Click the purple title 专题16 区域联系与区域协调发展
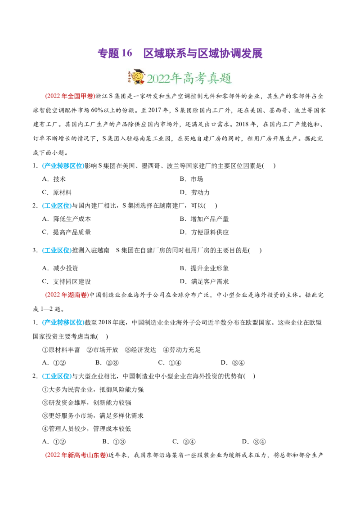(180, 53)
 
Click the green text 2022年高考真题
(189, 78)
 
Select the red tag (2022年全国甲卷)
(69, 96)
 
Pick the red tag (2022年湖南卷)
(67, 295)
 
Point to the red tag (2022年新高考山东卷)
(76, 455)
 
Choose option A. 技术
(54, 179)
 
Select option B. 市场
(191, 179)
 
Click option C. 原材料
(57, 192)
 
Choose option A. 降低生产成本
(67, 219)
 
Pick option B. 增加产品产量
(204, 219)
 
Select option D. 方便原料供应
(204, 232)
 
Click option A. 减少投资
(60, 268)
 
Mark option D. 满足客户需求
(204, 281)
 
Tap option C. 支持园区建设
(67, 281)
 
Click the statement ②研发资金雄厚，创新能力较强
(87, 402)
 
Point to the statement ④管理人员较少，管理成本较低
(87, 429)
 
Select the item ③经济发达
(140, 350)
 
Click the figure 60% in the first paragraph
(97, 110)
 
